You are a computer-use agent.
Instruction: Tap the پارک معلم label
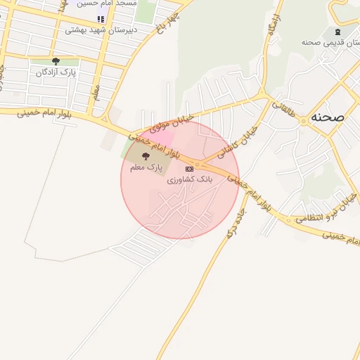click(146, 168)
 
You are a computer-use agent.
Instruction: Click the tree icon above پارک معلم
click(146, 156)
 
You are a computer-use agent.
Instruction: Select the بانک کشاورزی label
click(189, 180)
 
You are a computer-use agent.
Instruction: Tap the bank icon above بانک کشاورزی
click(188, 169)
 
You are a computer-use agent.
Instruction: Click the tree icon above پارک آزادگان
click(56, 61)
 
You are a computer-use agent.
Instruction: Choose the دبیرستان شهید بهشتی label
click(101, 30)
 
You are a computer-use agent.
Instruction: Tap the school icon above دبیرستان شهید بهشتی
click(101, 19)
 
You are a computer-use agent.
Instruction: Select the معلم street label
click(97, 92)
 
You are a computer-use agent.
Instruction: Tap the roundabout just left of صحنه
click(304, 120)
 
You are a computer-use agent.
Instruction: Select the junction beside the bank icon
click(199, 165)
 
